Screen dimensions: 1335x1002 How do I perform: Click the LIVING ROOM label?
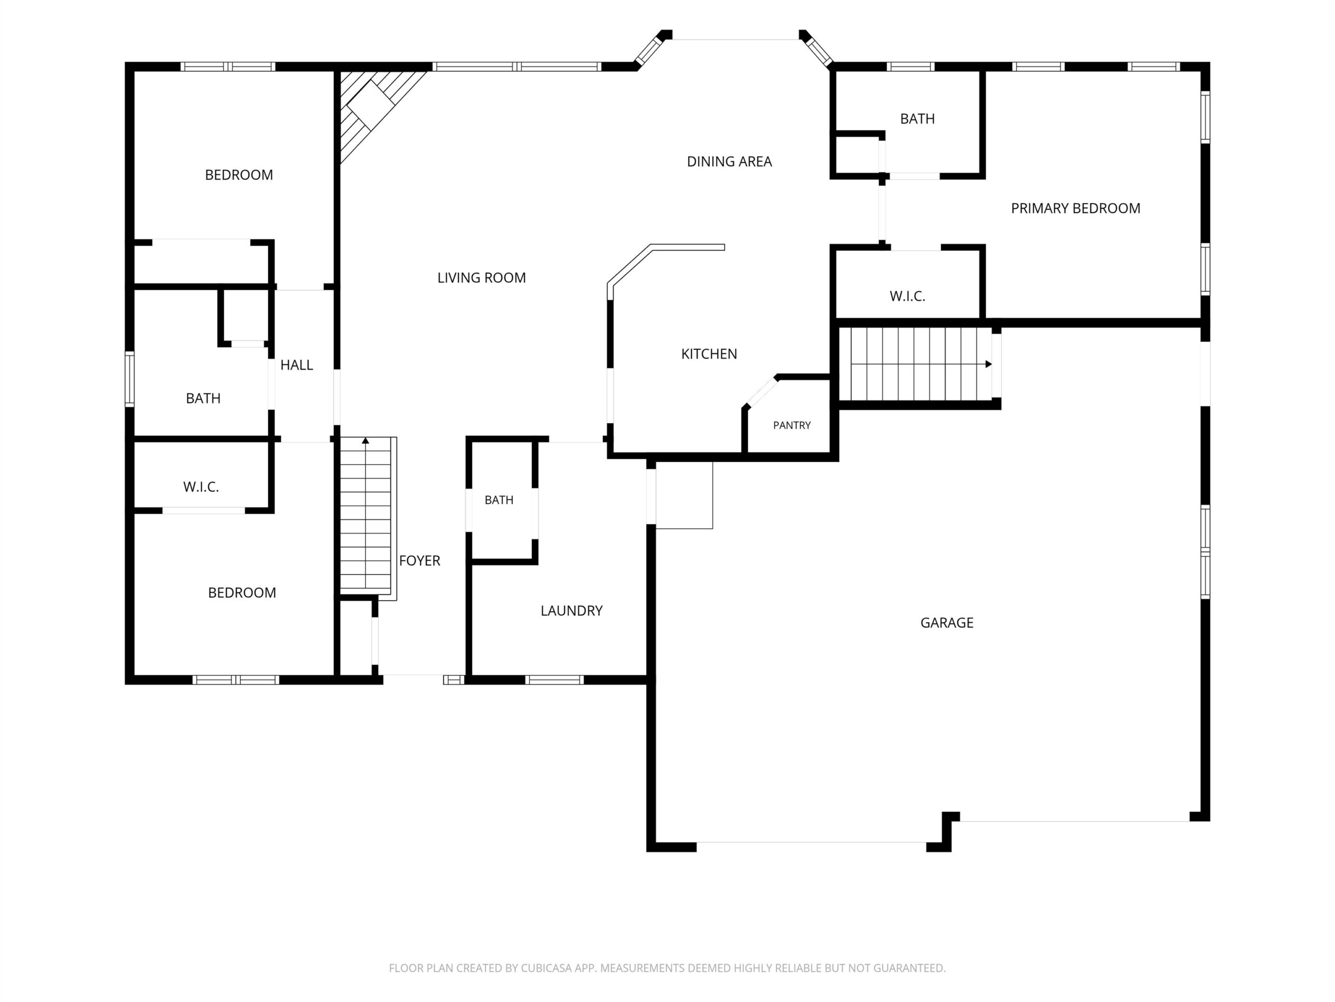[x=482, y=278]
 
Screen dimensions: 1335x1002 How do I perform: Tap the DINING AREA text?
[x=729, y=161]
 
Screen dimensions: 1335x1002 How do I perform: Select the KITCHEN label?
[x=709, y=354]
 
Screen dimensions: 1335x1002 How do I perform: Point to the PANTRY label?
[x=792, y=425]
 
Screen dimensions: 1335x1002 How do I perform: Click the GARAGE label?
[x=946, y=623]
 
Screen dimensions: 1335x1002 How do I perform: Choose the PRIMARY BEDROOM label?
[x=1075, y=208]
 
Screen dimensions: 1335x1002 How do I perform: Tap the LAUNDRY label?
[x=572, y=611]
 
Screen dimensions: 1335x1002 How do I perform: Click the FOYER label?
[x=419, y=560]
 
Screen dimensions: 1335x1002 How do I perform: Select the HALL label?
[x=296, y=365]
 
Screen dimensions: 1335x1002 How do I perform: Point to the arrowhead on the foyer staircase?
[x=365, y=441]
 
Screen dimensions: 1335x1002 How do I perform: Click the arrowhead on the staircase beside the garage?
[x=989, y=364]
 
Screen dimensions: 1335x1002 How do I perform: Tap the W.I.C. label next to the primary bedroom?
[x=907, y=296]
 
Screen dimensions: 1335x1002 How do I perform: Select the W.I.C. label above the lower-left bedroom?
[x=201, y=487]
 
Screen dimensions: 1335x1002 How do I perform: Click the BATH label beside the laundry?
[x=499, y=500]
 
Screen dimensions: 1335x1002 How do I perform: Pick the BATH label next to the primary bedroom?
[x=917, y=119]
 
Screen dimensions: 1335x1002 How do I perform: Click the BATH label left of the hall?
[x=203, y=399]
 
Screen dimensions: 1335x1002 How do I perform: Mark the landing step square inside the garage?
[x=684, y=496]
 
